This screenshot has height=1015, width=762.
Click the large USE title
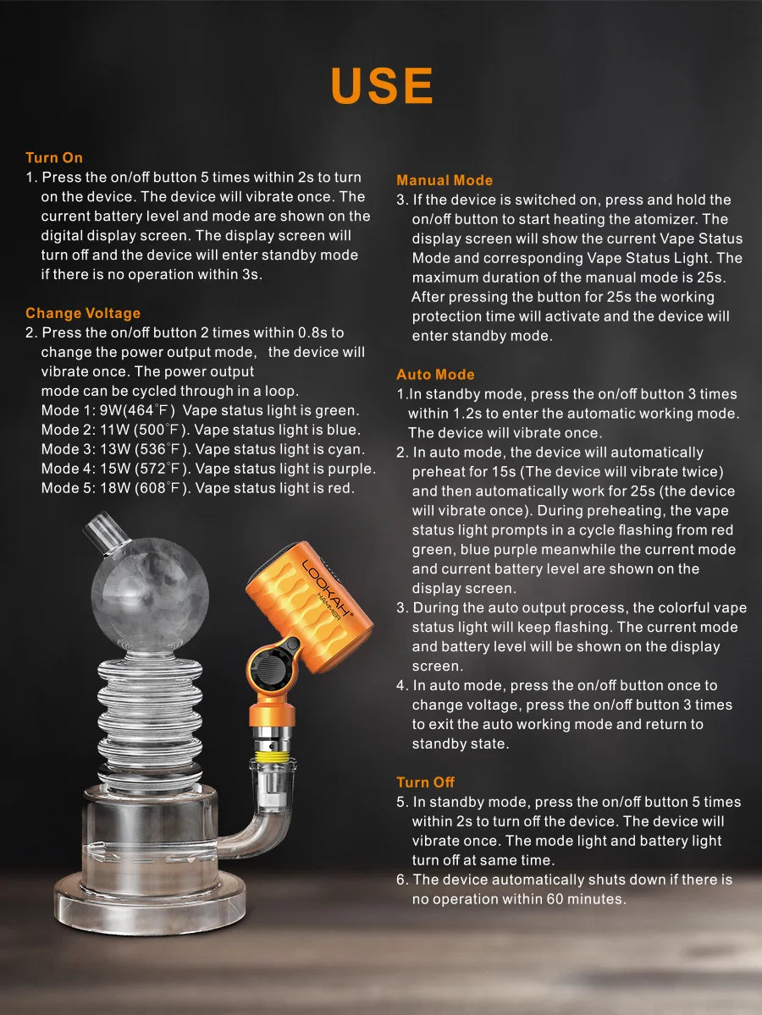pyautogui.click(x=382, y=85)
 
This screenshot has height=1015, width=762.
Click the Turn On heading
pyautogui.click(x=54, y=157)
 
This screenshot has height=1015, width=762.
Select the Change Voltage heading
pyautogui.click(x=83, y=313)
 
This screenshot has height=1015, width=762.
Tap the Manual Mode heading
pyautogui.click(x=444, y=180)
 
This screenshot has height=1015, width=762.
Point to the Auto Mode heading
pyautogui.click(x=435, y=374)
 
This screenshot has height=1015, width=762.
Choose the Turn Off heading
pyautogui.click(x=426, y=782)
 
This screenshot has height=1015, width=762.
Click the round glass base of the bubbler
pyautogui.click(x=150, y=888)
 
